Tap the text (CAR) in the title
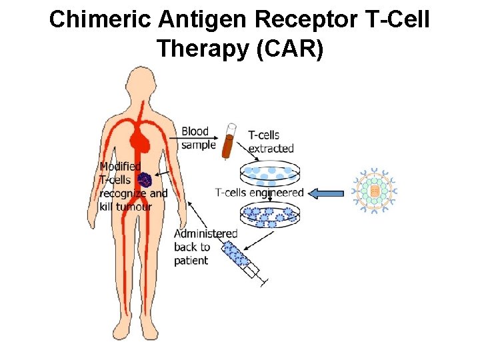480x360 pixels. click(x=292, y=49)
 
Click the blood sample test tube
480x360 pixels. click(x=229, y=141)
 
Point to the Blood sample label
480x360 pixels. click(x=197, y=138)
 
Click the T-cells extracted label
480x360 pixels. click(x=269, y=141)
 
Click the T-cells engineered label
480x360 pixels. click(x=259, y=193)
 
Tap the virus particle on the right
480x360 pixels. click(x=375, y=191)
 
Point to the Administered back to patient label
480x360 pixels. click(x=204, y=247)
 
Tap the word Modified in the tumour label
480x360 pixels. click(x=120, y=166)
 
